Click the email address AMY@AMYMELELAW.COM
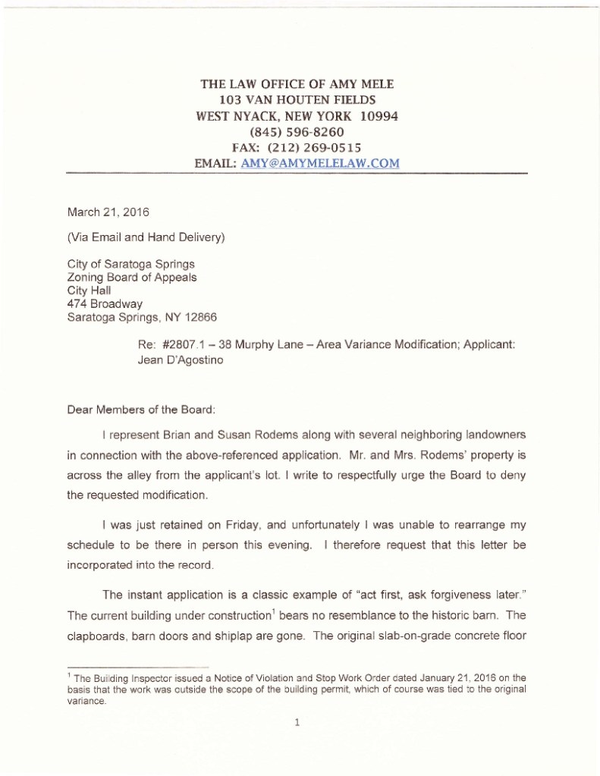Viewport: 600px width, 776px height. tap(320, 163)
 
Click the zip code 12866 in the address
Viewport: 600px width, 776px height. tap(200, 317)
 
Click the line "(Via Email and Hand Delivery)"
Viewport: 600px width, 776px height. tap(146, 237)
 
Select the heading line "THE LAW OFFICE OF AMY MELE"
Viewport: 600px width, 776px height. tap(297, 84)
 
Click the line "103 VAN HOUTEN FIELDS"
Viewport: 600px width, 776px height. tap(297, 100)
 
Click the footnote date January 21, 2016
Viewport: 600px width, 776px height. tap(457, 677)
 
